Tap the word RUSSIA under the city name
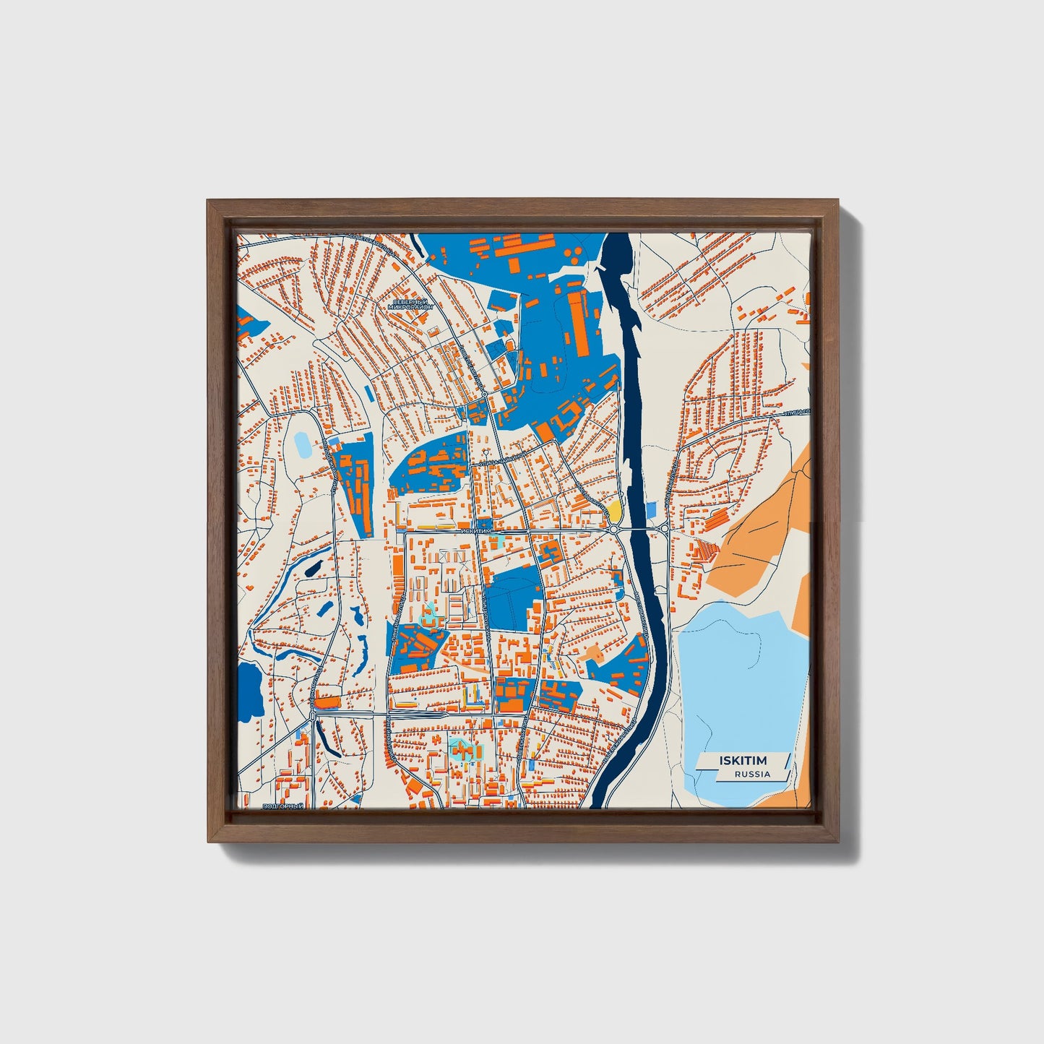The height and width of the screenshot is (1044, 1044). pos(752,774)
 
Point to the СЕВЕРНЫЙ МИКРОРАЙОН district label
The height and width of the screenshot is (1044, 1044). pos(410,304)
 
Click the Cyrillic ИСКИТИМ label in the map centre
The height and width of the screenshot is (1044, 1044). pos(475,530)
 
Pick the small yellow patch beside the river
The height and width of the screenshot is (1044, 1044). pos(614,511)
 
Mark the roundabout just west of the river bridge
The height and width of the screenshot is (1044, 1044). pos(613,530)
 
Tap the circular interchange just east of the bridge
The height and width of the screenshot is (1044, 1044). pos(663,530)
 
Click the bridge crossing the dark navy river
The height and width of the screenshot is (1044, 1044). pos(638,530)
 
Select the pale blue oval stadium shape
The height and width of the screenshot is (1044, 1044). pos(301,444)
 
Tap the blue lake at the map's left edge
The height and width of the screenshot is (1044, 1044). pos(249,690)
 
